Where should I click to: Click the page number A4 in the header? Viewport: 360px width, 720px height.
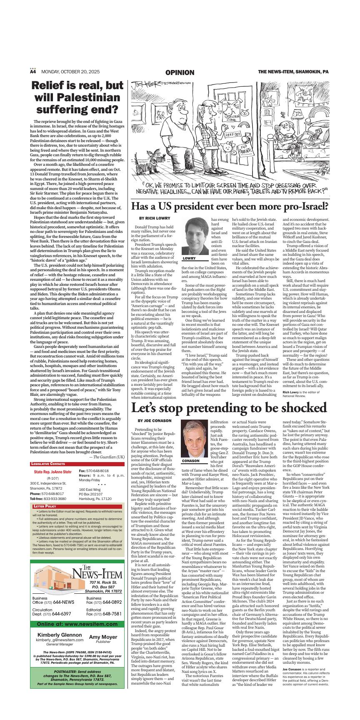33,72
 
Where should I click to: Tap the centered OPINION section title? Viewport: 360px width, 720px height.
180,72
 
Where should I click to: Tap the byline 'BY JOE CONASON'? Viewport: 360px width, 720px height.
155,421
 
